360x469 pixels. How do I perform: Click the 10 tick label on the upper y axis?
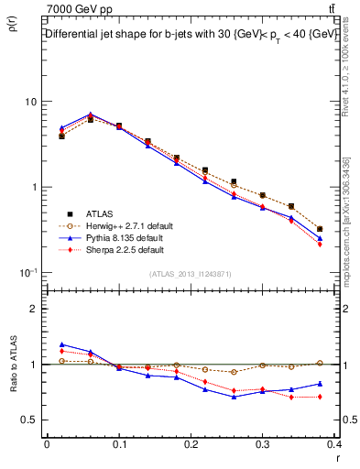pos(30,102)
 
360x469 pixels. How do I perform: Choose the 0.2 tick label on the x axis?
pos(190,445)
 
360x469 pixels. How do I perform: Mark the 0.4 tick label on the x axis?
pos(333,445)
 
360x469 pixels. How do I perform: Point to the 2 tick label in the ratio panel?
pos(33,309)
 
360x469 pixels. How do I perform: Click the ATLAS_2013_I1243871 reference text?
pos(189,275)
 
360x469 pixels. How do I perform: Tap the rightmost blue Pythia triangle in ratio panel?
pos(320,384)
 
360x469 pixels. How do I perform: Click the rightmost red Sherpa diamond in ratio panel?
pos(320,397)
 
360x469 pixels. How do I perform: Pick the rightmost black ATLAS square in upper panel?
pos(320,229)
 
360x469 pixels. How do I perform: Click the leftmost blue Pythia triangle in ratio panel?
pos(61,344)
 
